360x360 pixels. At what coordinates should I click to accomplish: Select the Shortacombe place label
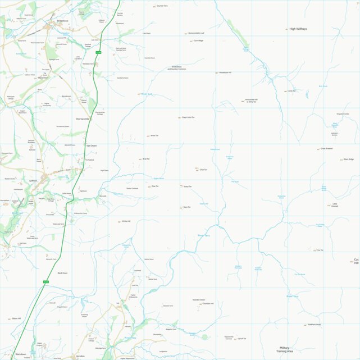tap(83, 119)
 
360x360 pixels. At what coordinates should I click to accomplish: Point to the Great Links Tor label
tap(188, 117)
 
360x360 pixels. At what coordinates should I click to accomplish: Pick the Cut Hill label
tap(356, 262)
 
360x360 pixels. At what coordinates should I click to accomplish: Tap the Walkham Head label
tap(313, 325)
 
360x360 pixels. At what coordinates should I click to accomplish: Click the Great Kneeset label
tap(327, 148)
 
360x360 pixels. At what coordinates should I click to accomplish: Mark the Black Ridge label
tap(349, 159)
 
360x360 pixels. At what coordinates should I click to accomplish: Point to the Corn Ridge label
tap(198, 40)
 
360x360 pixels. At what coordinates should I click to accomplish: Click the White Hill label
tap(126, 221)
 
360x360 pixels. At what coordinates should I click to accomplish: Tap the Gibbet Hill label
tap(16, 318)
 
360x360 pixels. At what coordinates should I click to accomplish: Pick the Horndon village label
tap(79, 356)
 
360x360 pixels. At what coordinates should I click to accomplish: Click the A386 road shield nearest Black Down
tap(46, 281)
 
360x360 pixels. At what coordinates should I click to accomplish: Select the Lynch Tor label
tap(242, 339)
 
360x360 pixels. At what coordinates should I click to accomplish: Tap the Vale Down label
tap(91, 145)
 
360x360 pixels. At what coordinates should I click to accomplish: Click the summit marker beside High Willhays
tap(286, 29)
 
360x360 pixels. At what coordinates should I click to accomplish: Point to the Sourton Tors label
tap(162, 6)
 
